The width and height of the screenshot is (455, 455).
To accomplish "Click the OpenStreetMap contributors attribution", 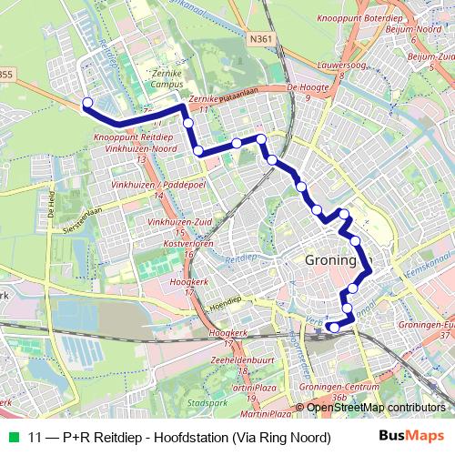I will (375, 407).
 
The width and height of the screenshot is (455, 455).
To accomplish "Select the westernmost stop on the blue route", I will (87, 102).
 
